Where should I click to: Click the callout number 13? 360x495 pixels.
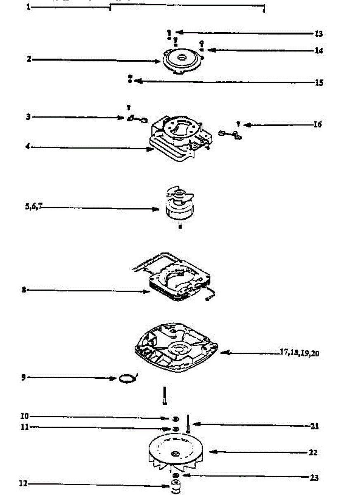click(318, 34)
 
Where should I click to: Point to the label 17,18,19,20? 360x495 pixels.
click(299, 353)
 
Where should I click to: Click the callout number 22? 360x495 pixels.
click(313, 453)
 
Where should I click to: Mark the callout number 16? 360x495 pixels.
click(317, 124)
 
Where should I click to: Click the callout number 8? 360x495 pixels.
click(24, 290)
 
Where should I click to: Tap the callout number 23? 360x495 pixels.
click(314, 478)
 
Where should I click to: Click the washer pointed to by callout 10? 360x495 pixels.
click(176, 418)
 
